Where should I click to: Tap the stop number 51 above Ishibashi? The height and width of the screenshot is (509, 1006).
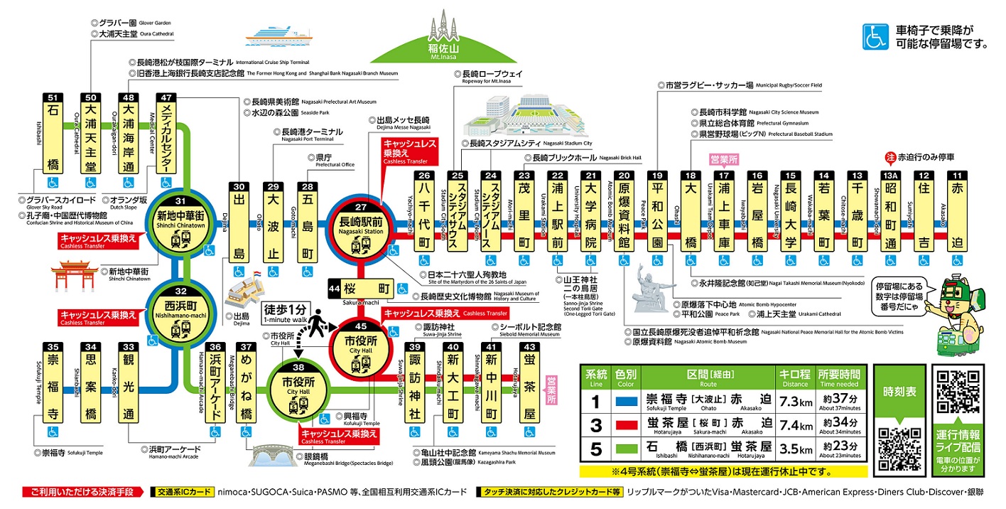(x=51, y=97)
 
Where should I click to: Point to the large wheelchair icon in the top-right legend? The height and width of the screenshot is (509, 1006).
(x=875, y=38)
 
